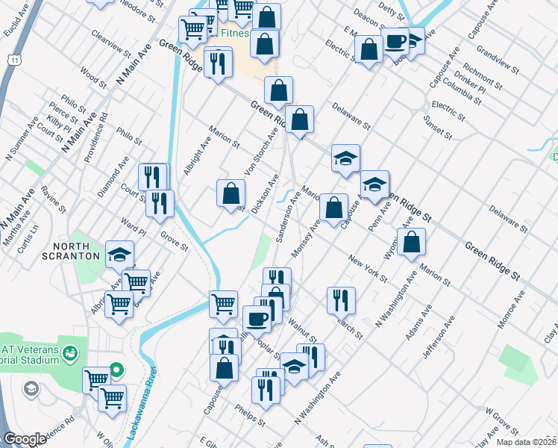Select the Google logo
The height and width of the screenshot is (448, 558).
point(25,439)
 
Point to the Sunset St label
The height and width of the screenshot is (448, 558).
point(437,128)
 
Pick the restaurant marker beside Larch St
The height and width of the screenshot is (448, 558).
point(341,299)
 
